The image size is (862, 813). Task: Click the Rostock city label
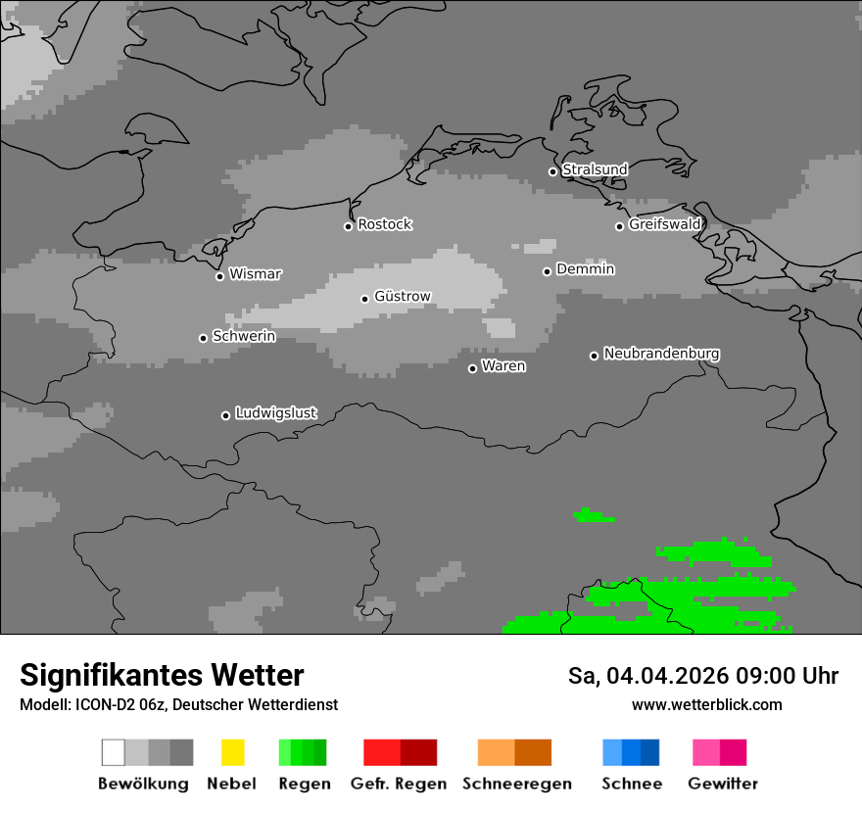(x=385, y=224)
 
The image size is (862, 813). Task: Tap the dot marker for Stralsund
(x=552, y=171)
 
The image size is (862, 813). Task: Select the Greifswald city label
(x=665, y=224)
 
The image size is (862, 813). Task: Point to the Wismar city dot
(x=219, y=276)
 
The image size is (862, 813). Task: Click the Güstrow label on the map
(x=403, y=296)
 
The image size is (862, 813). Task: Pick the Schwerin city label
(x=244, y=336)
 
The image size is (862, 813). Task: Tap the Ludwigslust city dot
(x=225, y=415)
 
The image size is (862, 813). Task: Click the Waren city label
(x=503, y=366)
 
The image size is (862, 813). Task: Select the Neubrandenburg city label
(x=662, y=354)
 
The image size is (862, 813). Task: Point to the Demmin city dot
(x=547, y=271)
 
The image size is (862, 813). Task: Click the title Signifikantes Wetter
(x=162, y=675)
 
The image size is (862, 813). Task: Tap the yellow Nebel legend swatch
(x=232, y=752)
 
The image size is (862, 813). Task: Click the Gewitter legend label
(x=723, y=784)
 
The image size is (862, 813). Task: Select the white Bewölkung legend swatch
(x=113, y=752)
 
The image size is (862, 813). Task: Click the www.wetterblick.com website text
(x=707, y=704)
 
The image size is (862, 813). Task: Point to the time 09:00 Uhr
(x=792, y=676)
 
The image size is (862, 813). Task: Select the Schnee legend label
(x=632, y=784)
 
